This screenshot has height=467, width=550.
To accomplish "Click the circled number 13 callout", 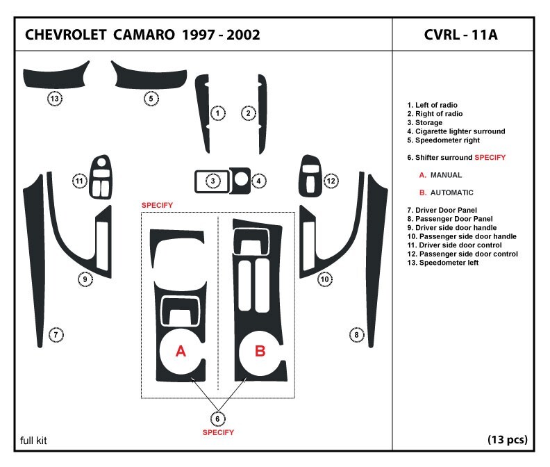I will pos(55,99).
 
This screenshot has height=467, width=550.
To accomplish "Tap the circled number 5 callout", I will pos(151,99).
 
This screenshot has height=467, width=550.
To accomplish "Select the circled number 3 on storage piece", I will pos(214,181).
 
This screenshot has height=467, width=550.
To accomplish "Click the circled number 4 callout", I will pos(258,181).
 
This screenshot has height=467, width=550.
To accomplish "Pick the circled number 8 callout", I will pos(356,335).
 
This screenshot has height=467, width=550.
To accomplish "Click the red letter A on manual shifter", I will pos(181,352).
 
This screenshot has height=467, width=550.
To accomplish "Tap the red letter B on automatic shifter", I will pos(260,352).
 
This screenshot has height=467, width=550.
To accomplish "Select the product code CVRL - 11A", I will pos(460,35).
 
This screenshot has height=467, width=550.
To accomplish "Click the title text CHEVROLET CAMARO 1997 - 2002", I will pos(142,35).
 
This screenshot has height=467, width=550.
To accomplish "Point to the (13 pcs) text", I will pos(507,439).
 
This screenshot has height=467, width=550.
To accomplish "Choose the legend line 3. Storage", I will pos(424,122).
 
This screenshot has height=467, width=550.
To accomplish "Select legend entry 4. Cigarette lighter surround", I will pos(456,131).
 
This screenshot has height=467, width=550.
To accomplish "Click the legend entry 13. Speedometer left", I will pos(443,263).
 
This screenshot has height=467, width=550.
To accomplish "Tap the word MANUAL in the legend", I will pos(446,175).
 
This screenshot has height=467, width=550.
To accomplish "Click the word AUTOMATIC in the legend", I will pos(451,192).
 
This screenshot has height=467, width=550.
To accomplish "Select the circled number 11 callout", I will pos(81,181).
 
